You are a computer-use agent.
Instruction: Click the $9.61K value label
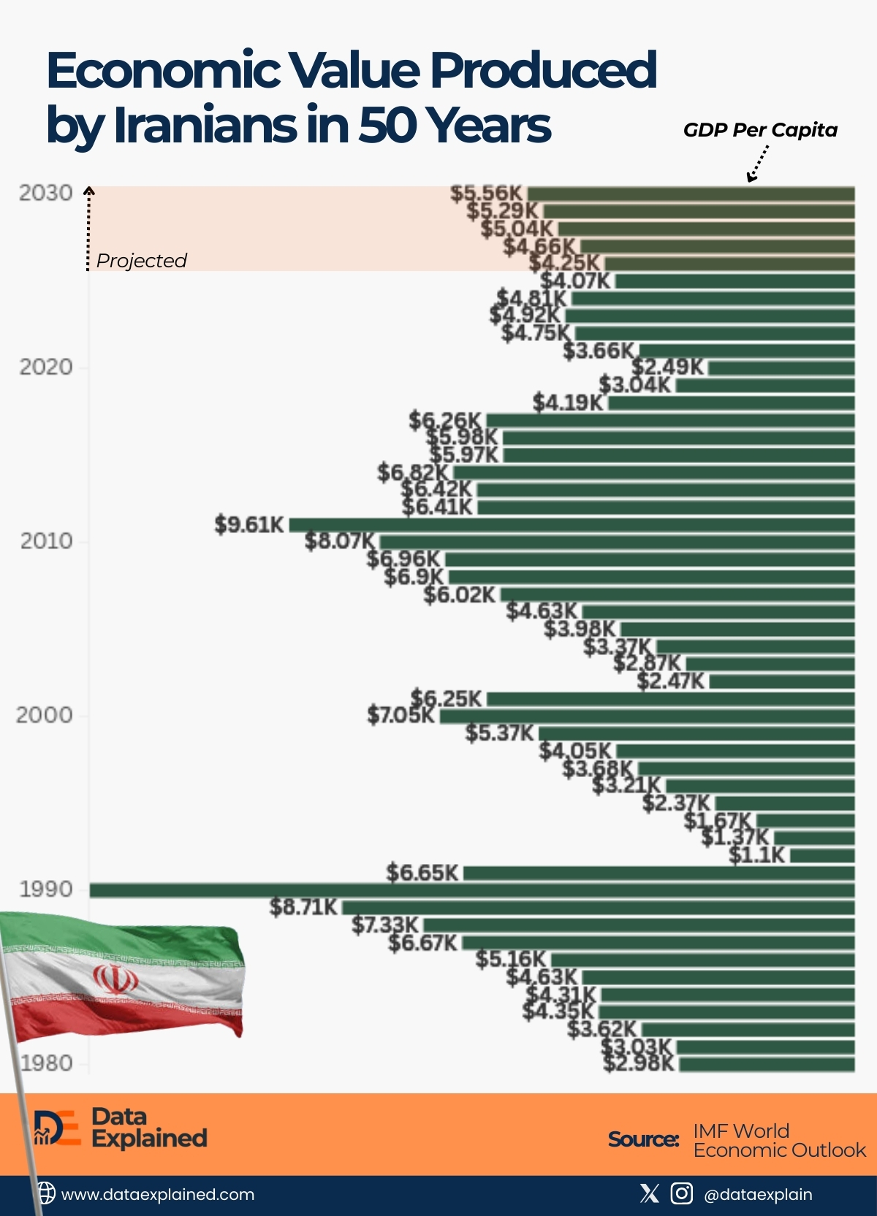point(249,524)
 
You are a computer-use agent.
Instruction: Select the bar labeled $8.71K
point(598,908)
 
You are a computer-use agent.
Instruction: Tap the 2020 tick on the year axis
point(46,367)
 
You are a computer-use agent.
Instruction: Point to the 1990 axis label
point(46,890)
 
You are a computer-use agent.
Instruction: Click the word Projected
point(142,261)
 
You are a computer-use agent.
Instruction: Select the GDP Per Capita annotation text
point(760,130)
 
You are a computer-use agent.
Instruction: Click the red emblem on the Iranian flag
point(115,979)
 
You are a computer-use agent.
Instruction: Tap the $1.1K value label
point(757,854)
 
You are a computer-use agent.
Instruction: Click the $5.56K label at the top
point(487,194)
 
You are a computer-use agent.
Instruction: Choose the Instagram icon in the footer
point(681,1193)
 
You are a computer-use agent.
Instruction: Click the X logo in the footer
point(649,1193)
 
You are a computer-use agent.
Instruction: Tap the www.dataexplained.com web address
point(158,1195)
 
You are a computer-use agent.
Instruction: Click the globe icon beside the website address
point(45,1193)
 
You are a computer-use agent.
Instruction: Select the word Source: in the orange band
point(644,1139)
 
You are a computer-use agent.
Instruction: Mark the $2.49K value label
point(668,367)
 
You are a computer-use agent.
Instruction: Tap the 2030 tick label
point(46,193)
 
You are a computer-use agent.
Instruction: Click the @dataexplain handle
point(758,1195)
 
